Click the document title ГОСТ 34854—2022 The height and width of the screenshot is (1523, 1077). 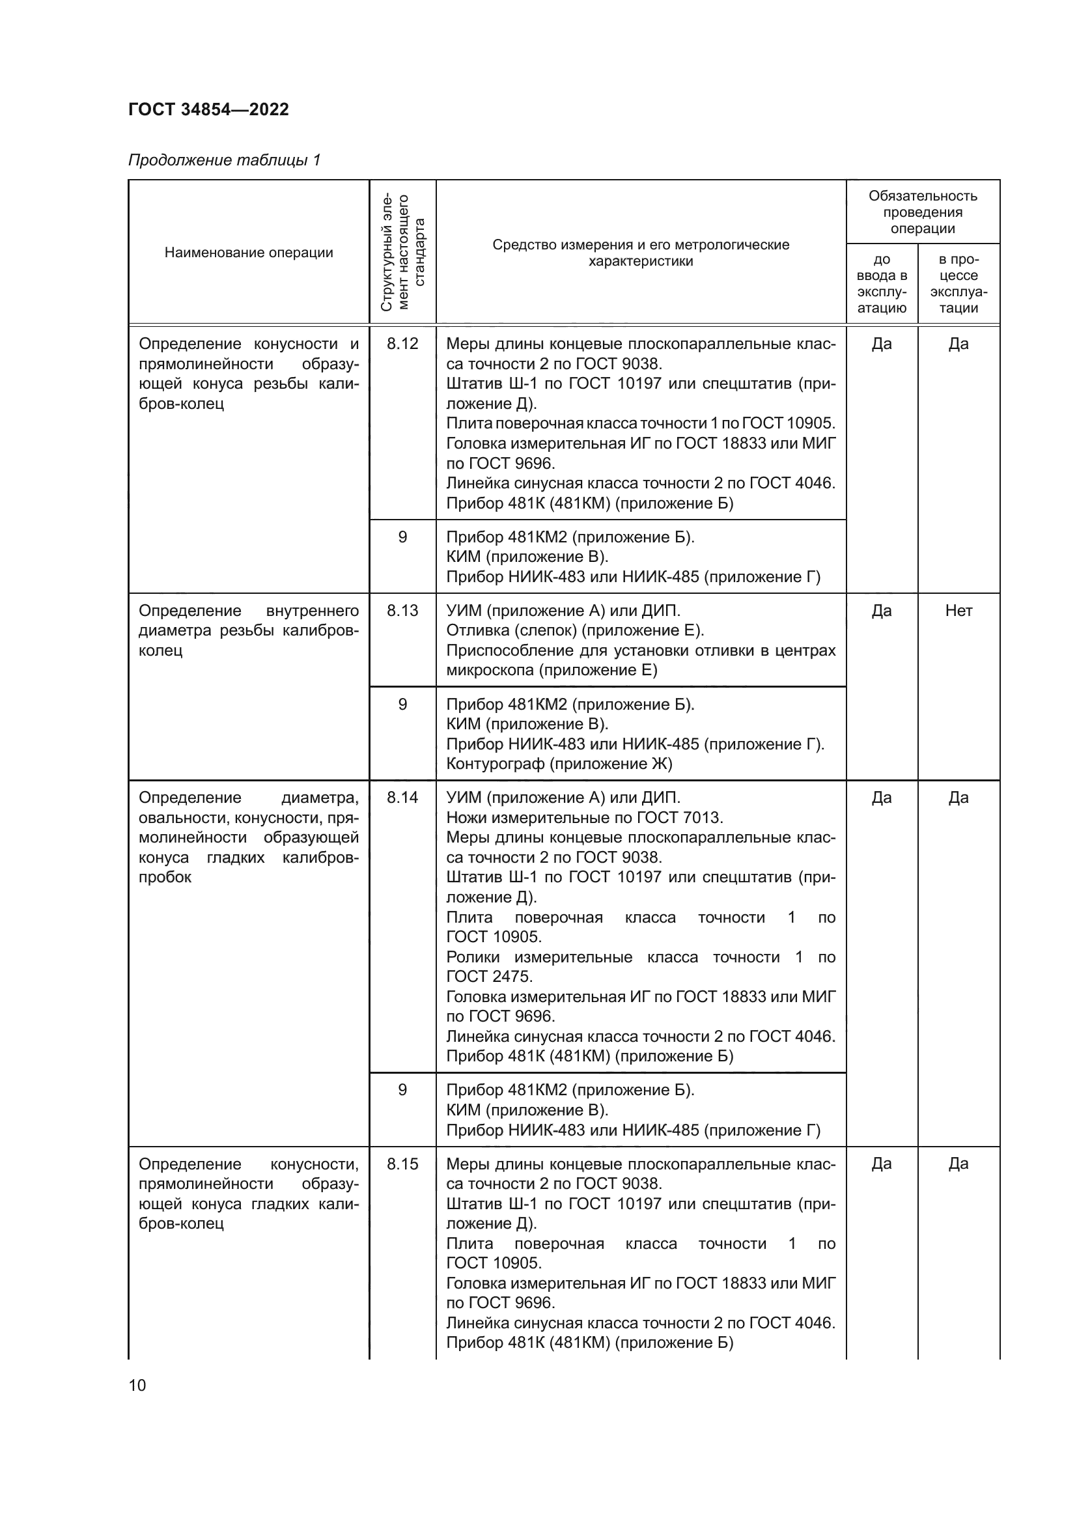(x=208, y=109)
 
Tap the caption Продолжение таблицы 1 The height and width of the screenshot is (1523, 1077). (x=224, y=160)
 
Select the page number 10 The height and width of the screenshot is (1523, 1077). (x=137, y=1384)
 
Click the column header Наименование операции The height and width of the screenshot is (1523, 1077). (x=249, y=253)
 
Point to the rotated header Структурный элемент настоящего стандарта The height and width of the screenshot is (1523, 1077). (x=402, y=253)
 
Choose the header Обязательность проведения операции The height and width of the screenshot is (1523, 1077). (x=923, y=212)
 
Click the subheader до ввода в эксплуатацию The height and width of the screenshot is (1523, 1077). (x=882, y=284)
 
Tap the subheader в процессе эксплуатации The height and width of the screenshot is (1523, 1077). (x=958, y=284)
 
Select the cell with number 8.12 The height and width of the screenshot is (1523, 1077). (x=402, y=344)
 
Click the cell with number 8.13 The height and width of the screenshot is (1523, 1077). (x=402, y=611)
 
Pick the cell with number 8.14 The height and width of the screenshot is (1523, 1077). (x=402, y=798)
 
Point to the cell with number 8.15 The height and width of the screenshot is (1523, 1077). (x=402, y=1164)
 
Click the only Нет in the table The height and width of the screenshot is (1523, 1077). (x=958, y=611)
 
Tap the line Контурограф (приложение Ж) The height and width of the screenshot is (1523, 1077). (x=559, y=764)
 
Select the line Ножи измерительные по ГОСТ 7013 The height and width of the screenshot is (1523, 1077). (x=584, y=818)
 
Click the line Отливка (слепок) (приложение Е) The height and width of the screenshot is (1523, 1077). (x=575, y=630)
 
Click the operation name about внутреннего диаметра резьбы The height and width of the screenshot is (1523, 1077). (x=249, y=630)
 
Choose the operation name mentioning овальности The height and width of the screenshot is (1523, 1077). (x=249, y=837)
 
